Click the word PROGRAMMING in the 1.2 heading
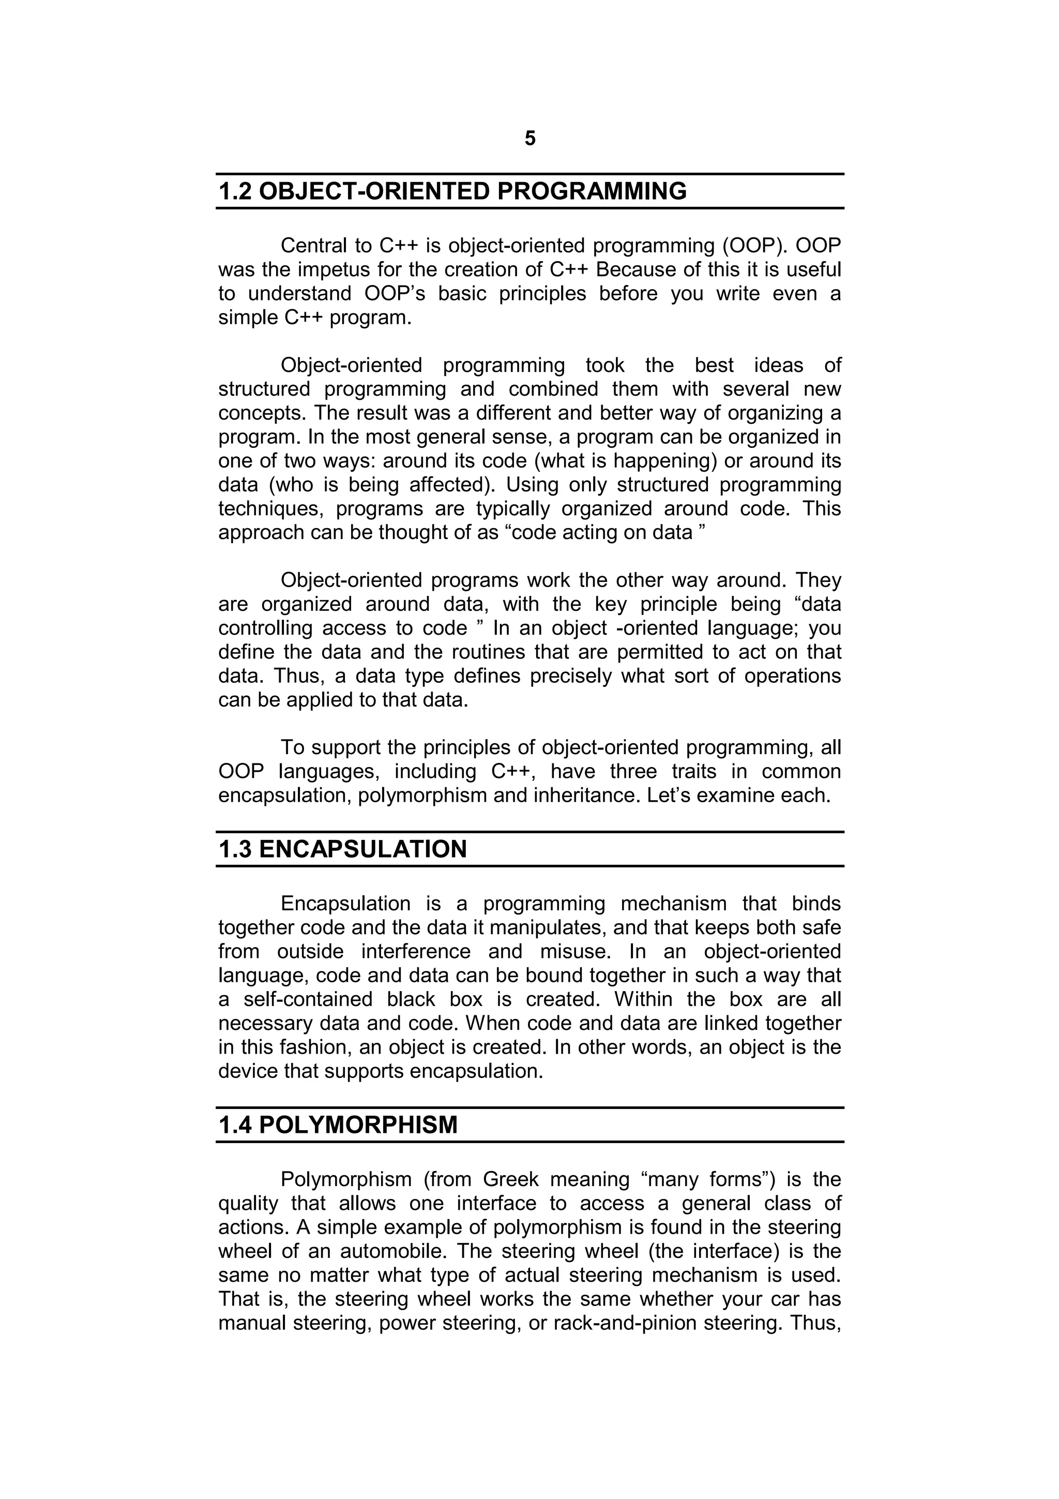click(x=592, y=192)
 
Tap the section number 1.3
click(x=236, y=849)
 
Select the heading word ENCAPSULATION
click(x=363, y=849)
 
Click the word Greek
click(x=511, y=1180)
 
